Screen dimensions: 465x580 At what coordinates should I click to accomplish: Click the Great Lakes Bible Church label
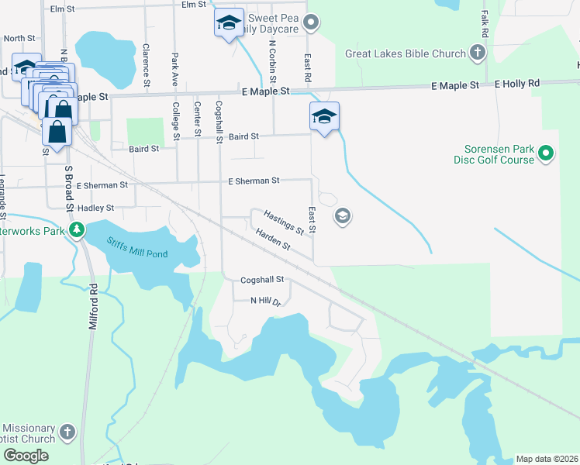(x=406, y=54)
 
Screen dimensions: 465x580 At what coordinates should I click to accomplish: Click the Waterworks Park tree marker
(x=76, y=230)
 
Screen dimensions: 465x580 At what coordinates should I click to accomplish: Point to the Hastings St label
(x=283, y=221)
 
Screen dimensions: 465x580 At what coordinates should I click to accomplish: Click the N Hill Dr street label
(x=264, y=301)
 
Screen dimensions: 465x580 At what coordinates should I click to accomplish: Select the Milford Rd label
(x=93, y=308)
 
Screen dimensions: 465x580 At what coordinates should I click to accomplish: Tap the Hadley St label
(x=95, y=208)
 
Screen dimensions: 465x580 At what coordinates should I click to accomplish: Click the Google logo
(x=25, y=456)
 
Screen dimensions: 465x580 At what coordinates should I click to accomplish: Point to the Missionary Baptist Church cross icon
(x=67, y=431)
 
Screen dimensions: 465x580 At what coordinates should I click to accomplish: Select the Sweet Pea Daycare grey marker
(x=311, y=22)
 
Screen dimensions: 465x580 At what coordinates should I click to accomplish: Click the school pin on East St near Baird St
(x=324, y=117)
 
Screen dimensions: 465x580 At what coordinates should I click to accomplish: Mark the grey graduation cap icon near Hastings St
(x=341, y=216)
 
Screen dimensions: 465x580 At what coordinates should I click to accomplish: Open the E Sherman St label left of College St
(x=102, y=185)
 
